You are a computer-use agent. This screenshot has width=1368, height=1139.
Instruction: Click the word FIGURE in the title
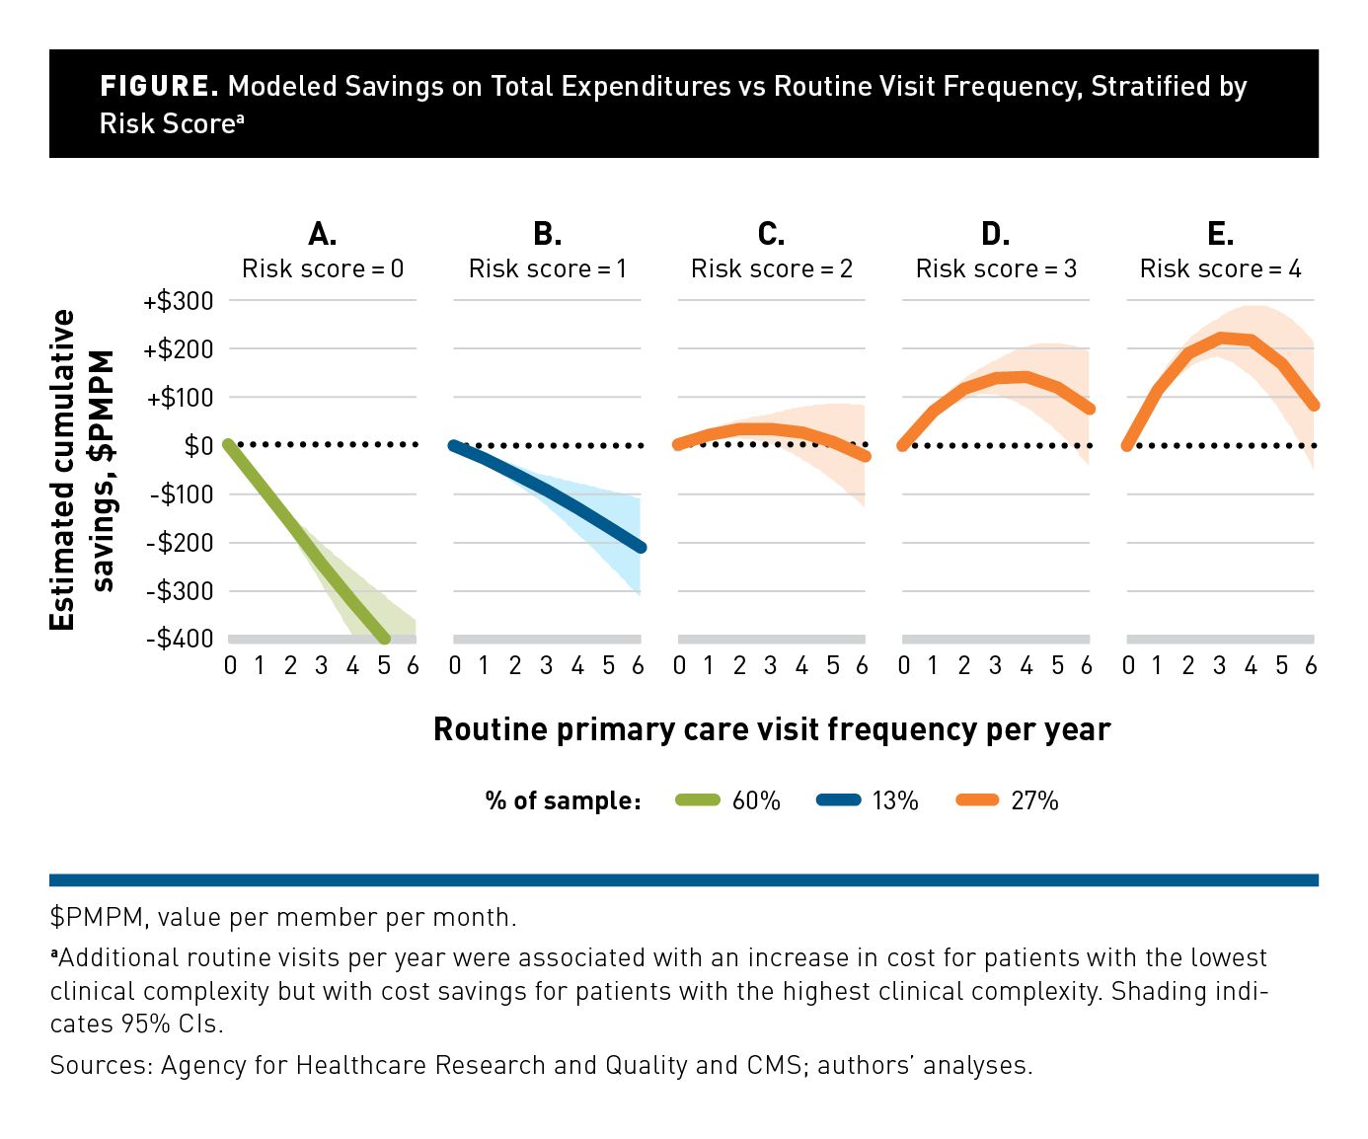tap(159, 87)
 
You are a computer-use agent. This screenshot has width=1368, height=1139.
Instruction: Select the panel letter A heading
tap(323, 234)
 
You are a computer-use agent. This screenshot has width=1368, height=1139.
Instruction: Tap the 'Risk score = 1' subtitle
tap(547, 268)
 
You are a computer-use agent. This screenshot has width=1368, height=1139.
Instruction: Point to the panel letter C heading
tap(771, 234)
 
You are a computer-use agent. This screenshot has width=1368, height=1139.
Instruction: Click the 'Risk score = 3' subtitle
tap(996, 268)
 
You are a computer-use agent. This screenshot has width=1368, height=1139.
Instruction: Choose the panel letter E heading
tap(1220, 234)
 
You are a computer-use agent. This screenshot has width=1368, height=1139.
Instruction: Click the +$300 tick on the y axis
tap(179, 301)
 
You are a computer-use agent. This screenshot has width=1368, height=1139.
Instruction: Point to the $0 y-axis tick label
tap(198, 446)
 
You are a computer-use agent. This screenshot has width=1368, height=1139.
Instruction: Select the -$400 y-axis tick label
tap(181, 639)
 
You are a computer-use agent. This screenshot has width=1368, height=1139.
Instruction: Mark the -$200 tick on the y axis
tap(181, 543)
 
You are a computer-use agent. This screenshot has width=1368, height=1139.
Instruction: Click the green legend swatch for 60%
tap(698, 800)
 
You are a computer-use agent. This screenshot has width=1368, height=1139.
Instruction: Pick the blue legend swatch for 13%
tap(839, 800)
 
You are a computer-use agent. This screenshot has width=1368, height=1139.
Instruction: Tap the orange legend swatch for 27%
tap(978, 800)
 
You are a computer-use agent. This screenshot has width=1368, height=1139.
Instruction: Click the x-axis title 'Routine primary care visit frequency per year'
tap(772, 729)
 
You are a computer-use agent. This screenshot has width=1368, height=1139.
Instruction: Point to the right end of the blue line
tap(641, 547)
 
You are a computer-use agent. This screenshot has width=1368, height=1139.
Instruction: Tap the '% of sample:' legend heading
tap(563, 800)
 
